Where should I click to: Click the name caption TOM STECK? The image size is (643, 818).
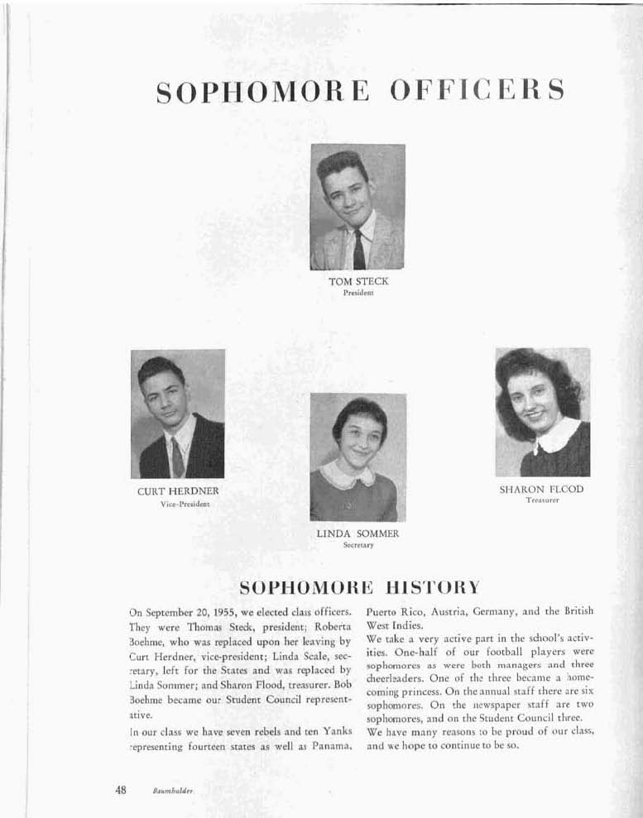coord(358,281)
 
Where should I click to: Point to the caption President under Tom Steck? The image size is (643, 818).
coord(358,293)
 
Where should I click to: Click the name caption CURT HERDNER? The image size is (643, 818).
coord(178,491)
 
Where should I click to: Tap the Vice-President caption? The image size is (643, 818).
coord(179,504)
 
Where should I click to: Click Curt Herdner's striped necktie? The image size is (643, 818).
coord(178,457)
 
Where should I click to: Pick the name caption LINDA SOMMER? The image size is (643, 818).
coord(357,534)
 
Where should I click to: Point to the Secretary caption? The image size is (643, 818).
coord(358,546)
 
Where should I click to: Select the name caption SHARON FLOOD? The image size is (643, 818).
coord(541,490)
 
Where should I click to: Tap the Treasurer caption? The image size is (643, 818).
coord(542,500)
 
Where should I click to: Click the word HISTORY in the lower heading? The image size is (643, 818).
coord(426,587)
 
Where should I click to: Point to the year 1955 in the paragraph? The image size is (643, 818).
coord(224,613)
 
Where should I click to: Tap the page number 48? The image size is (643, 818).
coord(121,789)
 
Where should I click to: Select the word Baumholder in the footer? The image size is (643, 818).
coord(172,791)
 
